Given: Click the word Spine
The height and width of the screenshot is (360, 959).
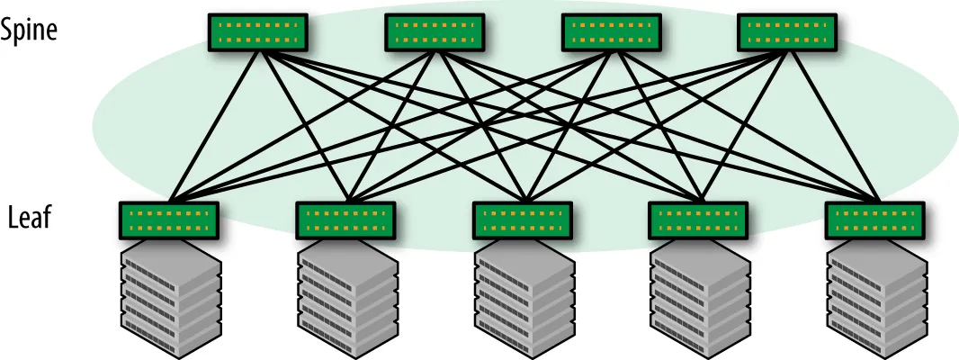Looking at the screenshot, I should pos(29,30).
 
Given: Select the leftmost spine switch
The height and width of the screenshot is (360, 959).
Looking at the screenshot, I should pos(258,32).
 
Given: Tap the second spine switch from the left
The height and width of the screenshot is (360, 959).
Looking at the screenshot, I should pos(435,32).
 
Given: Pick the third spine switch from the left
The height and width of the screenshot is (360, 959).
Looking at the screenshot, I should pos(612,32).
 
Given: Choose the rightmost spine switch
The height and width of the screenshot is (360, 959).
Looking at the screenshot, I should pos(787,32).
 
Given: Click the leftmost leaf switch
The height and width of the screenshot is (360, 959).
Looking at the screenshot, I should pos(169,219).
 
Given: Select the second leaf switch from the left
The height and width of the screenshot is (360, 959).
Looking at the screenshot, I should pos(346,219).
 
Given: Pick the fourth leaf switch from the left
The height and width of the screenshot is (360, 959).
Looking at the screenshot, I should pos(699,219).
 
